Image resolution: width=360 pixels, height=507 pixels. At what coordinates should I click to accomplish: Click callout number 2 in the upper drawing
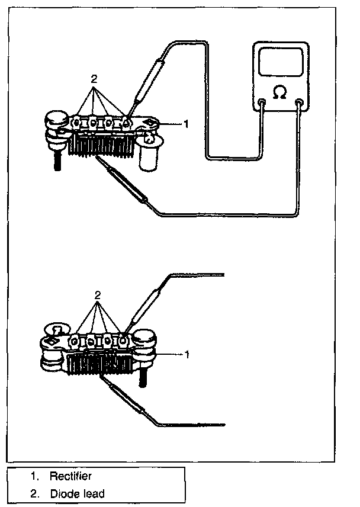point(94,78)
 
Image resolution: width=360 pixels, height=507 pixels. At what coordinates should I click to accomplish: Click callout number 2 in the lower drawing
point(98,294)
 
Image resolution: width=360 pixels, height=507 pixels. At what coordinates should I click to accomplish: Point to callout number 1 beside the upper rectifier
point(186,124)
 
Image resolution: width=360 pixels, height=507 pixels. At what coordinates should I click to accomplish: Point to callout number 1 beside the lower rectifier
point(187,354)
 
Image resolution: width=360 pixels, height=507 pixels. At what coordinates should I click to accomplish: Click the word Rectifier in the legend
point(70,476)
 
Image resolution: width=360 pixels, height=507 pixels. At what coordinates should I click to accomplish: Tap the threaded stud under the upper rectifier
point(58,161)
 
